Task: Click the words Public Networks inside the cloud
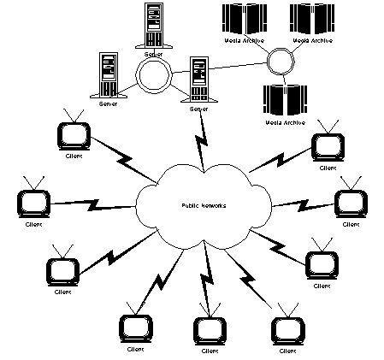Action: (204, 205)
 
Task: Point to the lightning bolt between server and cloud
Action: (203, 137)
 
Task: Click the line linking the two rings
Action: (222, 69)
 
